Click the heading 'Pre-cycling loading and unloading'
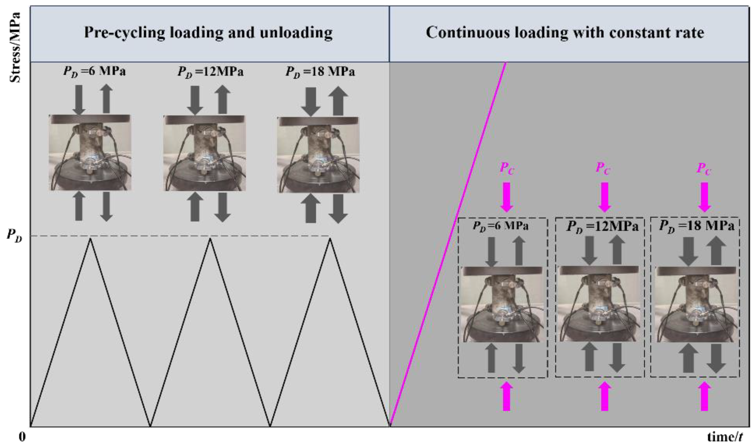(x=208, y=33)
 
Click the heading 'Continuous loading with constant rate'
(x=565, y=33)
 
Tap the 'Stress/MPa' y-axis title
(x=15, y=47)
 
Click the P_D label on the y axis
(x=15, y=236)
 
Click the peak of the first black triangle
(x=90, y=239)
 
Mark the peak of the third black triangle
(x=330, y=239)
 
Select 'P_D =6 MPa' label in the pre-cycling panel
(x=94, y=71)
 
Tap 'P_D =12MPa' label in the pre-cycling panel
(x=210, y=72)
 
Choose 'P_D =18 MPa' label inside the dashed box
(x=696, y=226)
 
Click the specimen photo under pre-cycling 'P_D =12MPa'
(x=204, y=153)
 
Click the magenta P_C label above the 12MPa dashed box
(x=603, y=168)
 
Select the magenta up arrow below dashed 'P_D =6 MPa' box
(x=506, y=396)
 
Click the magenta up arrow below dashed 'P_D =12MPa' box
(x=604, y=396)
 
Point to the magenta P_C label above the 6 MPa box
(x=507, y=168)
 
